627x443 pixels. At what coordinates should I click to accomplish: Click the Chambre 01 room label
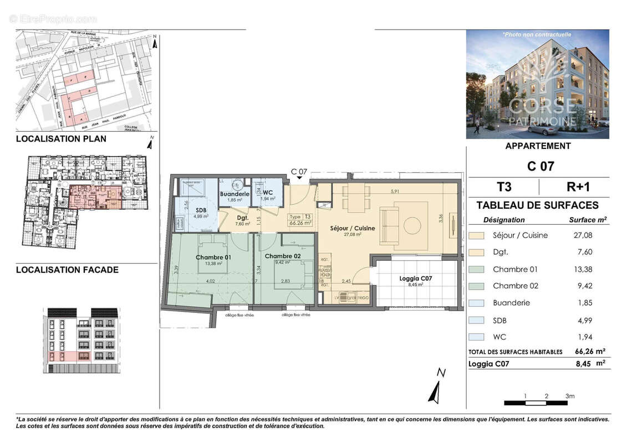(213, 257)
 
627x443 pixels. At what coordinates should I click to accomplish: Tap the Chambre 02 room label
(282, 256)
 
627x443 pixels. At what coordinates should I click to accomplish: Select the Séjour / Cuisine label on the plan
(352, 228)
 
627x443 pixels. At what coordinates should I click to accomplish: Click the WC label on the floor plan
(268, 192)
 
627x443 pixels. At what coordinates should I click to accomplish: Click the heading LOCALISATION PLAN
(61, 139)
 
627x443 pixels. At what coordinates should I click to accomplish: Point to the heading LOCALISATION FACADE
(67, 270)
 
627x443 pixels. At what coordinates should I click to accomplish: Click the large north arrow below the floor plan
(435, 388)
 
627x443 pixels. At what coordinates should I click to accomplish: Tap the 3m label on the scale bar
(569, 396)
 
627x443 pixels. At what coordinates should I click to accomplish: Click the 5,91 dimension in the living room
(395, 192)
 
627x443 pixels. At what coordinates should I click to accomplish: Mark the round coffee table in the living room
(412, 226)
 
